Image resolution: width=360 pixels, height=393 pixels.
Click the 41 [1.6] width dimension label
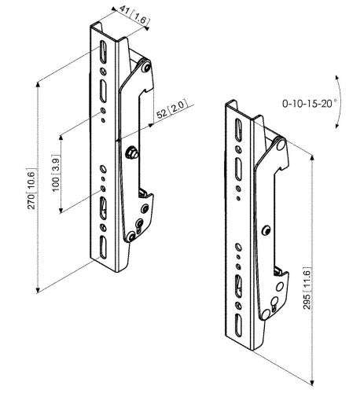coord(134,15)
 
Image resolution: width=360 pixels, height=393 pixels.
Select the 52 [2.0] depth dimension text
coord(171,108)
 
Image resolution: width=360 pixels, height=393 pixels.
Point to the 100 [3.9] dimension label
coord(56,173)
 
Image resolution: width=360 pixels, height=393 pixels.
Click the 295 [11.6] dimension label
coord(307,288)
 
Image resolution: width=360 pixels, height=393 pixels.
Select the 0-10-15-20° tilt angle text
coord(308,104)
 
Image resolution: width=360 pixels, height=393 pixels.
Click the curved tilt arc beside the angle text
coord(340,102)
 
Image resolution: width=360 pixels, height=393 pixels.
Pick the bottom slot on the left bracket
coord(103,247)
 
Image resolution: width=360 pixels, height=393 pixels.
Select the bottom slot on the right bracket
coord(238,325)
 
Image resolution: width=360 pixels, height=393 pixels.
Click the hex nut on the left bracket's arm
coord(131,152)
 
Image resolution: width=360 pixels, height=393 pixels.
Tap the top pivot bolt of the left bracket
coord(145,66)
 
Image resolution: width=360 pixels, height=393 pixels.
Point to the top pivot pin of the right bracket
coord(281,144)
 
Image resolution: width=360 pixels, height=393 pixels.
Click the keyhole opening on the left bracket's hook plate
coord(138,224)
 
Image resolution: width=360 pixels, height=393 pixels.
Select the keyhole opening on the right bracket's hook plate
coord(274,303)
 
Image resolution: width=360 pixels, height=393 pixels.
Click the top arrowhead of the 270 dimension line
coord(38,85)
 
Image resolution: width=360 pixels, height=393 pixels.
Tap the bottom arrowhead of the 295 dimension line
coord(312,382)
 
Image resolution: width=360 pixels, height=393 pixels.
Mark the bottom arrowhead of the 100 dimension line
coord(61,210)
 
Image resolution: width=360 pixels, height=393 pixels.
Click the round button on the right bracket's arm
coord(266,230)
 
